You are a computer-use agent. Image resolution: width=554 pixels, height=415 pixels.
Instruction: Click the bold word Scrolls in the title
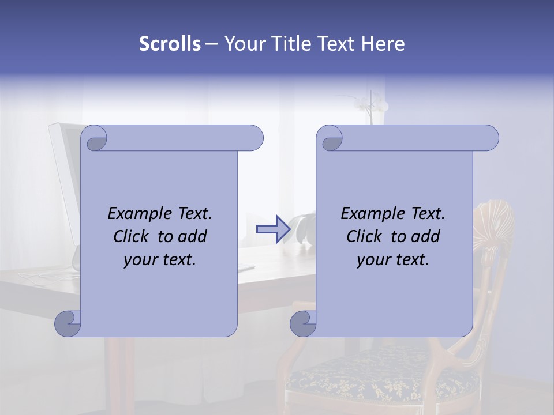coord(170,44)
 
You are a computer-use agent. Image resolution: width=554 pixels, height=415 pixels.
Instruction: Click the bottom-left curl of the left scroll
coord(68,324)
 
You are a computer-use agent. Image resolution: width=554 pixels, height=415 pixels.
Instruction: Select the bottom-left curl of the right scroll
coord(302,324)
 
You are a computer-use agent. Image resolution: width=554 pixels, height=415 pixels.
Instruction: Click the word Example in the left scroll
coord(136,214)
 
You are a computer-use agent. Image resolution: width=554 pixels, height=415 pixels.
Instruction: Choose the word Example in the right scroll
coord(369,214)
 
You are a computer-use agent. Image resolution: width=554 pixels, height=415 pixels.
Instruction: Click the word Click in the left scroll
coord(126,237)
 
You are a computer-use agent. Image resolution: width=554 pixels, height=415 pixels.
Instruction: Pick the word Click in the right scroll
coord(360,237)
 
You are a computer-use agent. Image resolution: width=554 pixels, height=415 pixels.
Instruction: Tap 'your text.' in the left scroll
coord(160,260)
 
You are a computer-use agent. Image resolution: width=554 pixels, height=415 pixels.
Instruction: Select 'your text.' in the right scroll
coord(393,260)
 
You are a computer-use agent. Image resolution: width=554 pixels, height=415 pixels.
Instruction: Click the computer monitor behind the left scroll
coord(65,173)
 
